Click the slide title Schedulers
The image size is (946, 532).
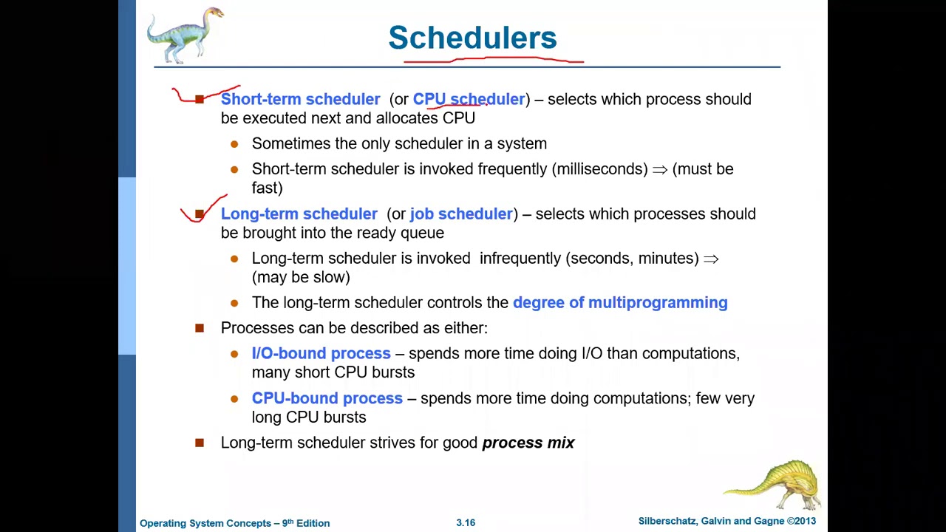point(472,38)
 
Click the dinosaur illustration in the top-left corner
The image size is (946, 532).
point(185,35)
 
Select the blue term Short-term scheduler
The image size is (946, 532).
point(300,99)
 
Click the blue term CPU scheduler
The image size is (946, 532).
point(469,99)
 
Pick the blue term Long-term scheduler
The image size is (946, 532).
point(299,214)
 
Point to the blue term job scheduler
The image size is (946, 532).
point(461,214)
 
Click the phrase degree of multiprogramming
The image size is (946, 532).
point(620,302)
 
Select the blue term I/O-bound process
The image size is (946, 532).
point(321,353)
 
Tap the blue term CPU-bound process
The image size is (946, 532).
point(327,398)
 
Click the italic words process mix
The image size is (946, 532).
point(528,443)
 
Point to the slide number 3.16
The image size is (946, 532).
point(466,522)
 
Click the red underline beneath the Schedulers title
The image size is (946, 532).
point(493,60)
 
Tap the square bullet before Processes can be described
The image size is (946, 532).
point(200,328)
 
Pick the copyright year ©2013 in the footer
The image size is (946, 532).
point(801,521)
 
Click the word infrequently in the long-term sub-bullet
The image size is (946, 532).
point(520,258)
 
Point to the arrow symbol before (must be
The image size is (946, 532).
point(659,169)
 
